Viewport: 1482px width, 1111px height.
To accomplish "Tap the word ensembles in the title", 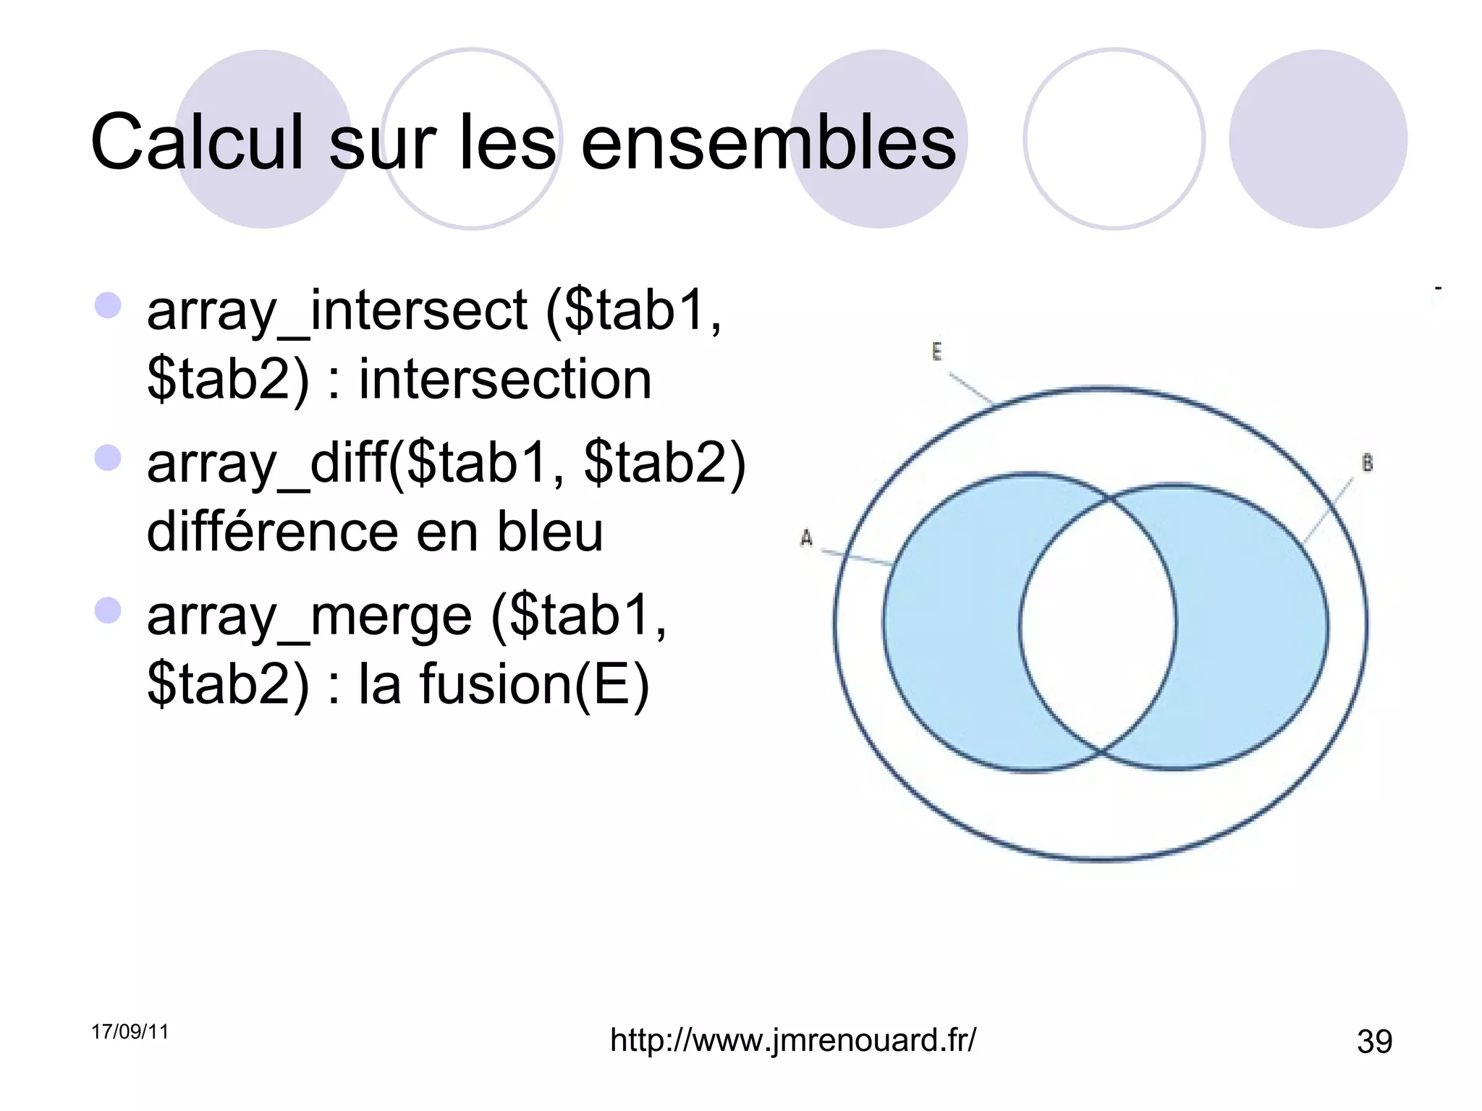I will tap(768, 142).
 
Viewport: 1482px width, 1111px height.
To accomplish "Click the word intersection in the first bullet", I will tap(505, 380).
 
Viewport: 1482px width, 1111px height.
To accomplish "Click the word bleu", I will tap(549, 532).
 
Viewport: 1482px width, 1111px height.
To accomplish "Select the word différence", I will tap(272, 532).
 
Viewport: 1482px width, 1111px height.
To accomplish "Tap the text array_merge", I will tap(309, 616).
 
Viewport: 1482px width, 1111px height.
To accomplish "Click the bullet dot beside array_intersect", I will tap(108, 305).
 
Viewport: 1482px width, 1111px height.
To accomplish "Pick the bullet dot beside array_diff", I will tap(108, 458).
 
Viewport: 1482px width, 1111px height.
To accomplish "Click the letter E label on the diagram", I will tap(936, 352).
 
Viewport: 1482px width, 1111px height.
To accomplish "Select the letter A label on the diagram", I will tap(806, 538).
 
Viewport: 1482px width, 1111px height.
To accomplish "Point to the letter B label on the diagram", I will tap(1367, 464).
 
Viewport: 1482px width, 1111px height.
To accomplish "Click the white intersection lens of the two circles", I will tap(1098, 623).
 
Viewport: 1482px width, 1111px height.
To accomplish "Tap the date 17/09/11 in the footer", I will tap(130, 1031).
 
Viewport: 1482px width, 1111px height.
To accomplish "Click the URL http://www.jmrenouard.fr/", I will tap(793, 1040).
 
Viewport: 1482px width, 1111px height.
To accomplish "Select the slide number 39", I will tap(1374, 1042).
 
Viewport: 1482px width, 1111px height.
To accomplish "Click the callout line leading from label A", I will tap(858, 558).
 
